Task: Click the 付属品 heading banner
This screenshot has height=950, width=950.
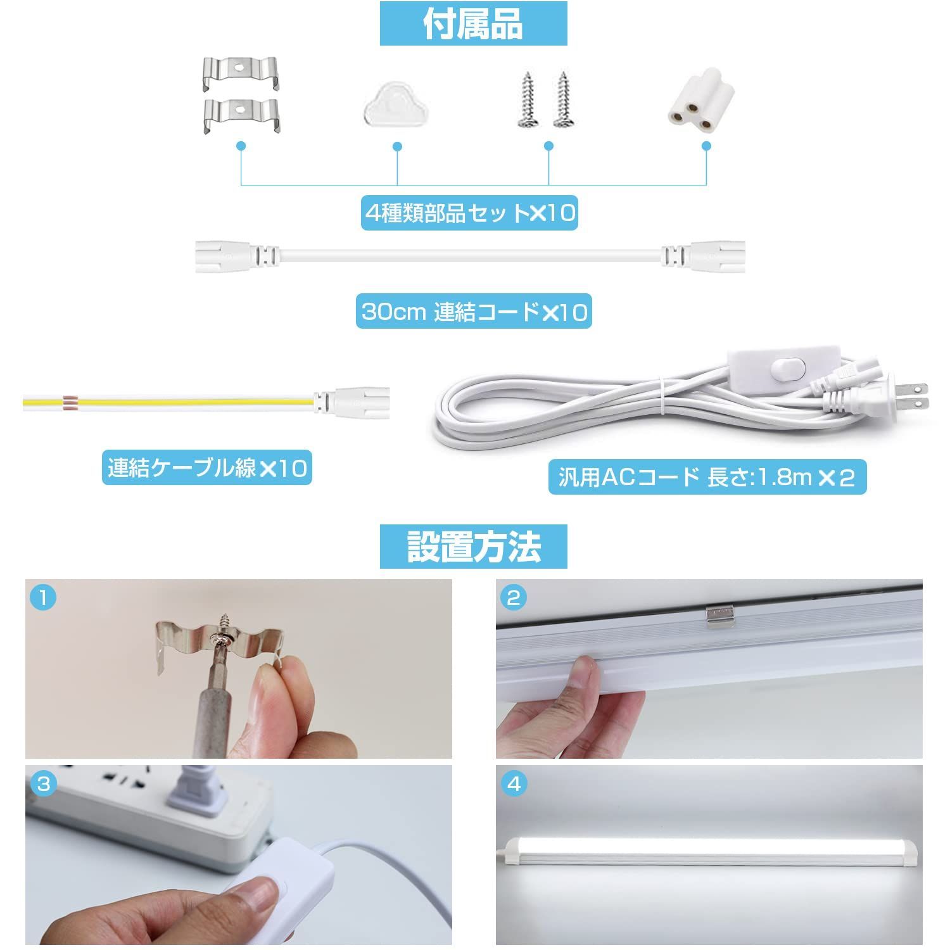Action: (x=473, y=24)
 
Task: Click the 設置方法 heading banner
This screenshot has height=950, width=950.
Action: (x=473, y=547)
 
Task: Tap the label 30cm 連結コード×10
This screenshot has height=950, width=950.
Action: (x=474, y=312)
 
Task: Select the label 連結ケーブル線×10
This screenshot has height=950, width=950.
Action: (x=207, y=469)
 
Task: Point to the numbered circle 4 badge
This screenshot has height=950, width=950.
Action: (x=514, y=784)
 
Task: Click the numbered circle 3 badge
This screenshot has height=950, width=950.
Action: (x=43, y=784)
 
